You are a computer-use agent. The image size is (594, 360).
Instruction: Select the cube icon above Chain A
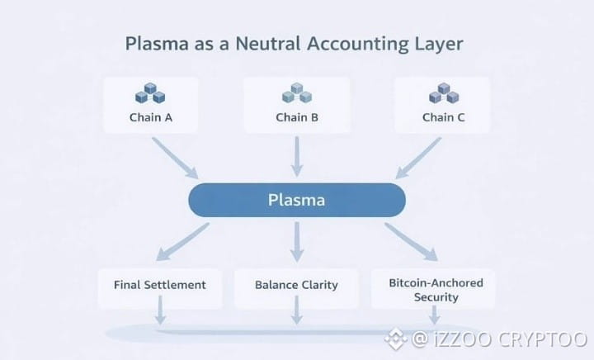click(x=150, y=92)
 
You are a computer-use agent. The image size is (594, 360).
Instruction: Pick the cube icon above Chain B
click(x=297, y=92)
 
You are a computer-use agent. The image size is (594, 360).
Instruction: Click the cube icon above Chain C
click(x=444, y=92)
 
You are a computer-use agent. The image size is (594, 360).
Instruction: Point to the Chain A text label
click(x=151, y=117)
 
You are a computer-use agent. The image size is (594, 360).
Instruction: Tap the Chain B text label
click(x=297, y=117)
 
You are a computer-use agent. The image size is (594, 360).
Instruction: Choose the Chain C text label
click(x=443, y=117)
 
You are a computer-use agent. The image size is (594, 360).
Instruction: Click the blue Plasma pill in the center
click(x=297, y=200)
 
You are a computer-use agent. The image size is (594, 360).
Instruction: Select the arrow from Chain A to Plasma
click(x=175, y=158)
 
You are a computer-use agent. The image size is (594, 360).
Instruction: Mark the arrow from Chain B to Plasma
click(x=297, y=157)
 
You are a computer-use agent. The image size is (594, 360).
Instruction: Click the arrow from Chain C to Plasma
click(x=418, y=158)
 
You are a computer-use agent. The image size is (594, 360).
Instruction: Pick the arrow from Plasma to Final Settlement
click(x=182, y=241)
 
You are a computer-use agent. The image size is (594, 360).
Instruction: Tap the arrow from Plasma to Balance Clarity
click(x=297, y=242)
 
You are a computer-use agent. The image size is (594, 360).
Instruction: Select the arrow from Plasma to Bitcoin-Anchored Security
click(x=412, y=242)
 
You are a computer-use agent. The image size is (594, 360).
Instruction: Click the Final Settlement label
click(x=160, y=285)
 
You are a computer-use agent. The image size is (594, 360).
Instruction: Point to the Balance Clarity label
click(x=296, y=285)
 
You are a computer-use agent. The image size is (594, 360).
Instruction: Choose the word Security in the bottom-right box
click(x=436, y=297)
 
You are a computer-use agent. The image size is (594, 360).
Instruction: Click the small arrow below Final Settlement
click(x=160, y=310)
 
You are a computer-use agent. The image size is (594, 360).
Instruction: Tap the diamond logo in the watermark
click(x=396, y=339)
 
